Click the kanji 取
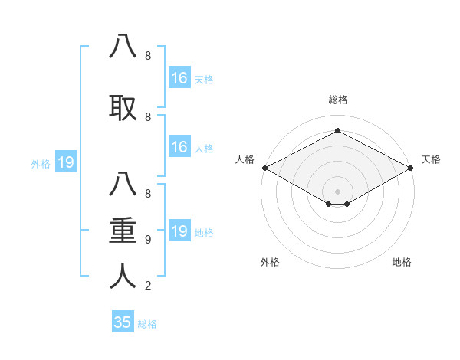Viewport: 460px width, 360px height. (x=123, y=108)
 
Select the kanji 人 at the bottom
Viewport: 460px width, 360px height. (x=123, y=276)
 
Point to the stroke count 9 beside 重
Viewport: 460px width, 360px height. (x=148, y=239)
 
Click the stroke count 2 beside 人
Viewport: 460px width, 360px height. (x=148, y=286)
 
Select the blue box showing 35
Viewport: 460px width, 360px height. (x=123, y=322)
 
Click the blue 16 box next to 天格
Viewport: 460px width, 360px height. (x=179, y=77)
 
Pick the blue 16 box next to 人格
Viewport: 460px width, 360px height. (x=179, y=147)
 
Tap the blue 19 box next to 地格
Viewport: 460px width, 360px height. (x=179, y=231)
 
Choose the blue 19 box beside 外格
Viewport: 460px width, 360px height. (x=65, y=162)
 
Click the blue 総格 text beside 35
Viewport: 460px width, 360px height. (x=147, y=324)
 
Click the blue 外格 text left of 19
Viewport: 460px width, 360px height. (x=41, y=163)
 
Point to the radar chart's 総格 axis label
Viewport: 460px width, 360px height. (x=338, y=100)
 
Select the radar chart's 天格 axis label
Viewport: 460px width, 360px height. (x=431, y=159)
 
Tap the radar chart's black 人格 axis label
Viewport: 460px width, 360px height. (x=245, y=159)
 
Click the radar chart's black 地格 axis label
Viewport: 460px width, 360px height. (x=402, y=262)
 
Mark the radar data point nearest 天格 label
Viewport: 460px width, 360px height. (x=412, y=168)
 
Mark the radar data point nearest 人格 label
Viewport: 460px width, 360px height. (x=264, y=168)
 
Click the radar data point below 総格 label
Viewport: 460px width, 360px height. (x=338, y=131)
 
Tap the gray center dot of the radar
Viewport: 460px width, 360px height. (x=338, y=191)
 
